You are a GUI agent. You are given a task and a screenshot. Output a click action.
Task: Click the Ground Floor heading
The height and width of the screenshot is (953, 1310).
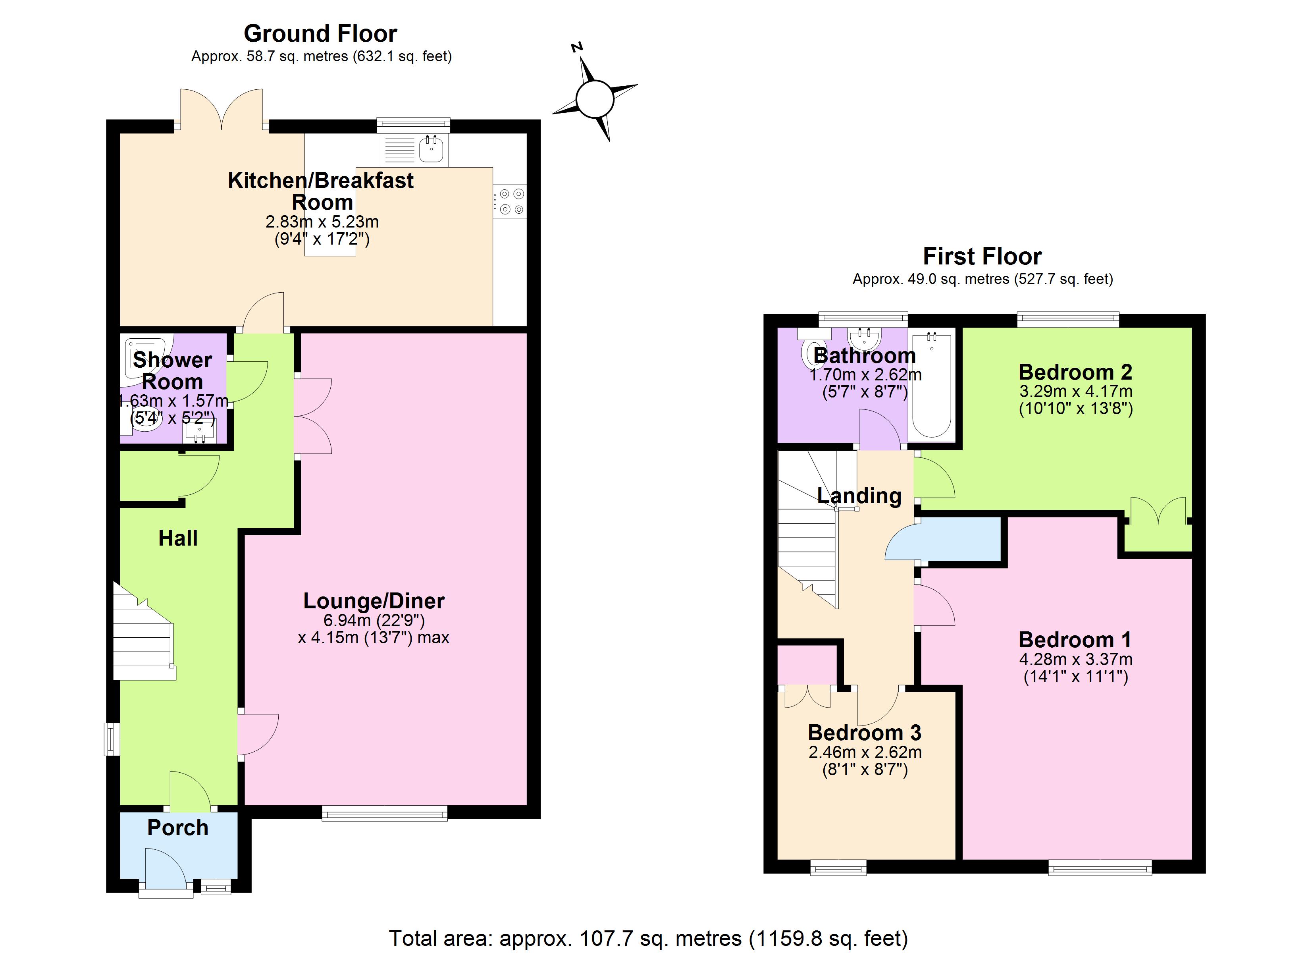click(x=321, y=33)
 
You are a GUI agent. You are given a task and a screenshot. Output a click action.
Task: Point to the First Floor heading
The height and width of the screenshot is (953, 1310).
click(x=982, y=256)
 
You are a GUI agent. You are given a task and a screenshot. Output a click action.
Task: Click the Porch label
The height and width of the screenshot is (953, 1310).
click(x=177, y=828)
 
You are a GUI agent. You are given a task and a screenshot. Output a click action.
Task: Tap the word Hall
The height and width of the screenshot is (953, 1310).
click(x=178, y=538)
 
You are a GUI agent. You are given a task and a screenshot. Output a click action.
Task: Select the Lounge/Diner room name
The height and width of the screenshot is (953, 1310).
click(x=374, y=601)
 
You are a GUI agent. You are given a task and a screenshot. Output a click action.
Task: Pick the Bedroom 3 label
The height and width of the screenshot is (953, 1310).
click(x=864, y=733)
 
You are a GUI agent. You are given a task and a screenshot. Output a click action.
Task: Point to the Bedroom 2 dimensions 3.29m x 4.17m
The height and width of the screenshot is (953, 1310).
click(x=1075, y=391)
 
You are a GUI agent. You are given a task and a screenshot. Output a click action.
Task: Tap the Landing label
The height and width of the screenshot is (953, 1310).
click(x=859, y=495)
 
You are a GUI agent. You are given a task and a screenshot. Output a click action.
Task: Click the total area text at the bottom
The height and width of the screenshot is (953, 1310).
click(x=648, y=938)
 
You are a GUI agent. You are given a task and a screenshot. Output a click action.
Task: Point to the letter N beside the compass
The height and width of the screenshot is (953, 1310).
click(x=576, y=47)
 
